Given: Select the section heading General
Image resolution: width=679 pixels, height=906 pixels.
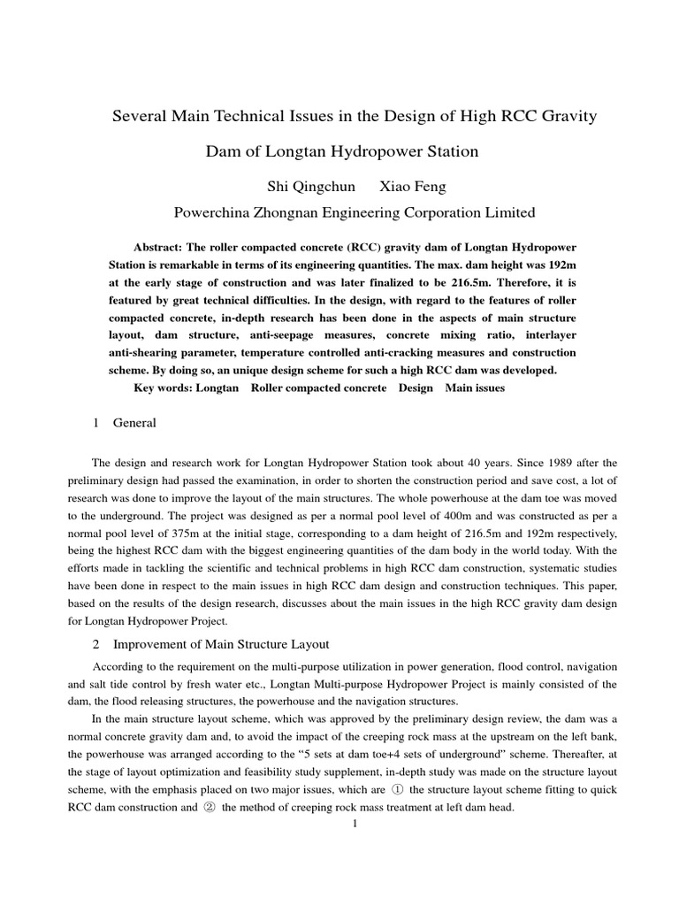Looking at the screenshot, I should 134,423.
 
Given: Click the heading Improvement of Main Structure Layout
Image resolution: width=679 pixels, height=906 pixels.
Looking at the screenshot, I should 221,642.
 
